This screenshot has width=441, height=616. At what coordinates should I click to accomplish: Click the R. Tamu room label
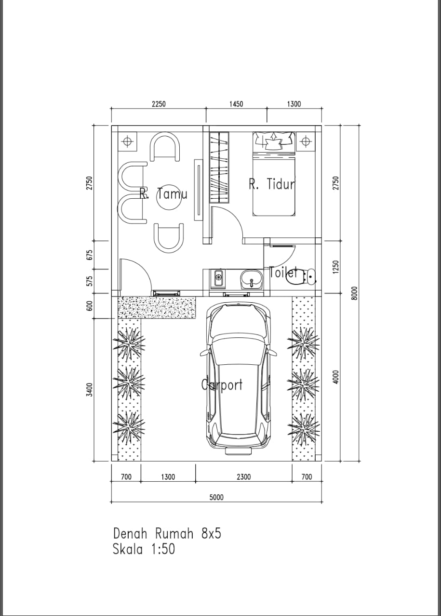pos(163,193)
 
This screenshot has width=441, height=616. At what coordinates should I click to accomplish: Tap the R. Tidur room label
pos(272,184)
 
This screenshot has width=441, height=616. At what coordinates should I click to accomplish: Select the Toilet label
pos(283,272)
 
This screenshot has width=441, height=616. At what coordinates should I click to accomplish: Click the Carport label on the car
pos(222,385)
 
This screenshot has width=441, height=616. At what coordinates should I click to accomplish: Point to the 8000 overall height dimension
pos(355,293)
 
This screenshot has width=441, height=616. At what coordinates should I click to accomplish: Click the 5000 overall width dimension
pos(216,497)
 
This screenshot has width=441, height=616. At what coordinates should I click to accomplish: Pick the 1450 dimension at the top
pos(236,104)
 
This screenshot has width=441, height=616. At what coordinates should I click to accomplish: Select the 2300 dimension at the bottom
pos(243,476)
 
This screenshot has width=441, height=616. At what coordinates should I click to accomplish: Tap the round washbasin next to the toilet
pos(251,279)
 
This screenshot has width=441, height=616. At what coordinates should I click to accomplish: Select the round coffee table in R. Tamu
pos(169,197)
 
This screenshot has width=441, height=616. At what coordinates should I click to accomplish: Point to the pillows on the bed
pos(274,140)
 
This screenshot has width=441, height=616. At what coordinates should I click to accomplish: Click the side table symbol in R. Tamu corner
pos(127,141)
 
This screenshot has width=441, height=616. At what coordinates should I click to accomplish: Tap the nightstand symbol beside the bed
pos(305,141)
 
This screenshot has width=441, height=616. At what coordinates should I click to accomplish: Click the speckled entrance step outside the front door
pos(157,308)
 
